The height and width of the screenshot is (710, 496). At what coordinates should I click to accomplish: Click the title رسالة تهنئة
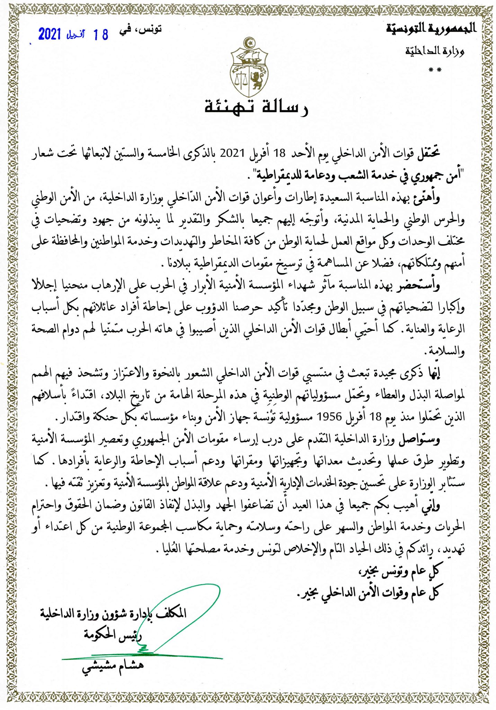coord(256,107)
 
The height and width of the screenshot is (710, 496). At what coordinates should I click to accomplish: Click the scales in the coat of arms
coord(239,80)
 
